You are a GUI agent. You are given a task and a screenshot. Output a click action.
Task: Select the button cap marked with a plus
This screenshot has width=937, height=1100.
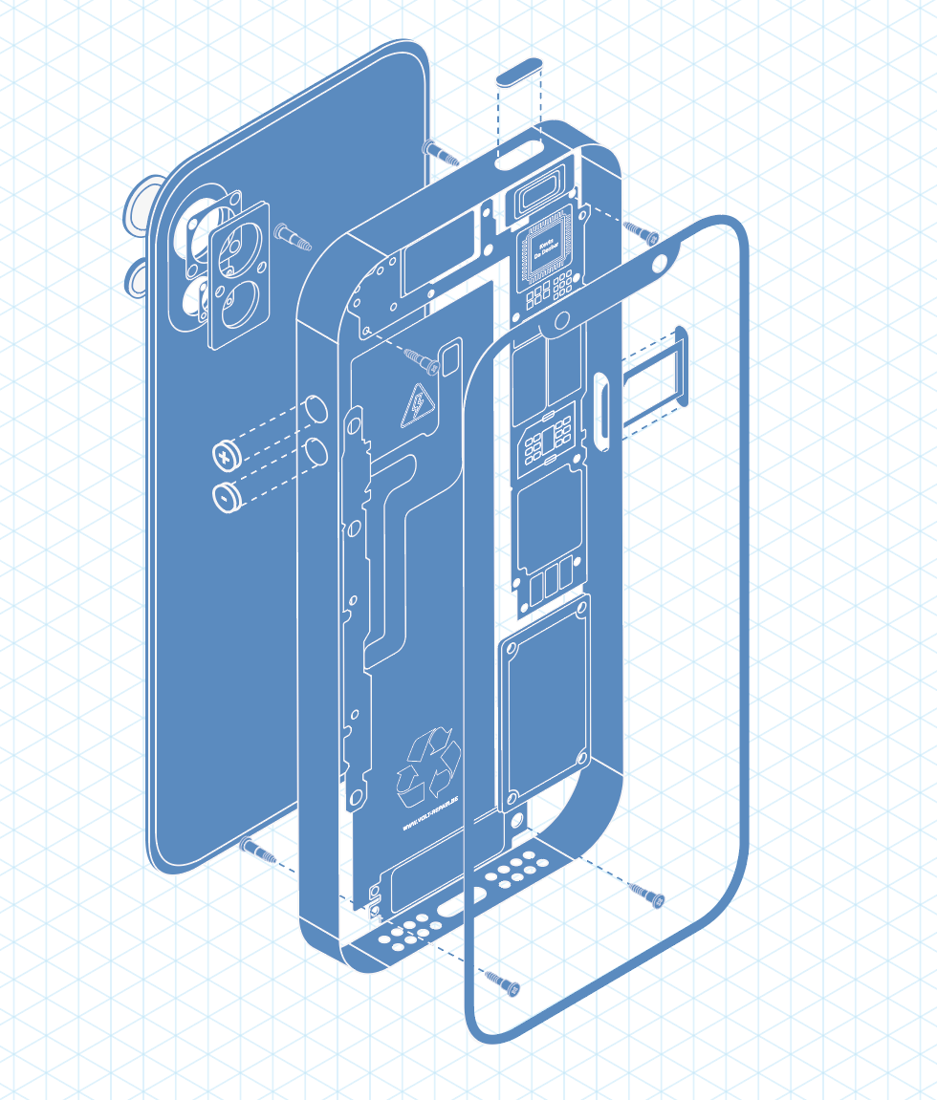[225, 457]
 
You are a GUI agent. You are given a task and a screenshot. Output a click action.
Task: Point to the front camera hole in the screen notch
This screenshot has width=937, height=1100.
[659, 263]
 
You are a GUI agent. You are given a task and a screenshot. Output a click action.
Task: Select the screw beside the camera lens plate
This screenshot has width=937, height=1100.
[292, 235]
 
